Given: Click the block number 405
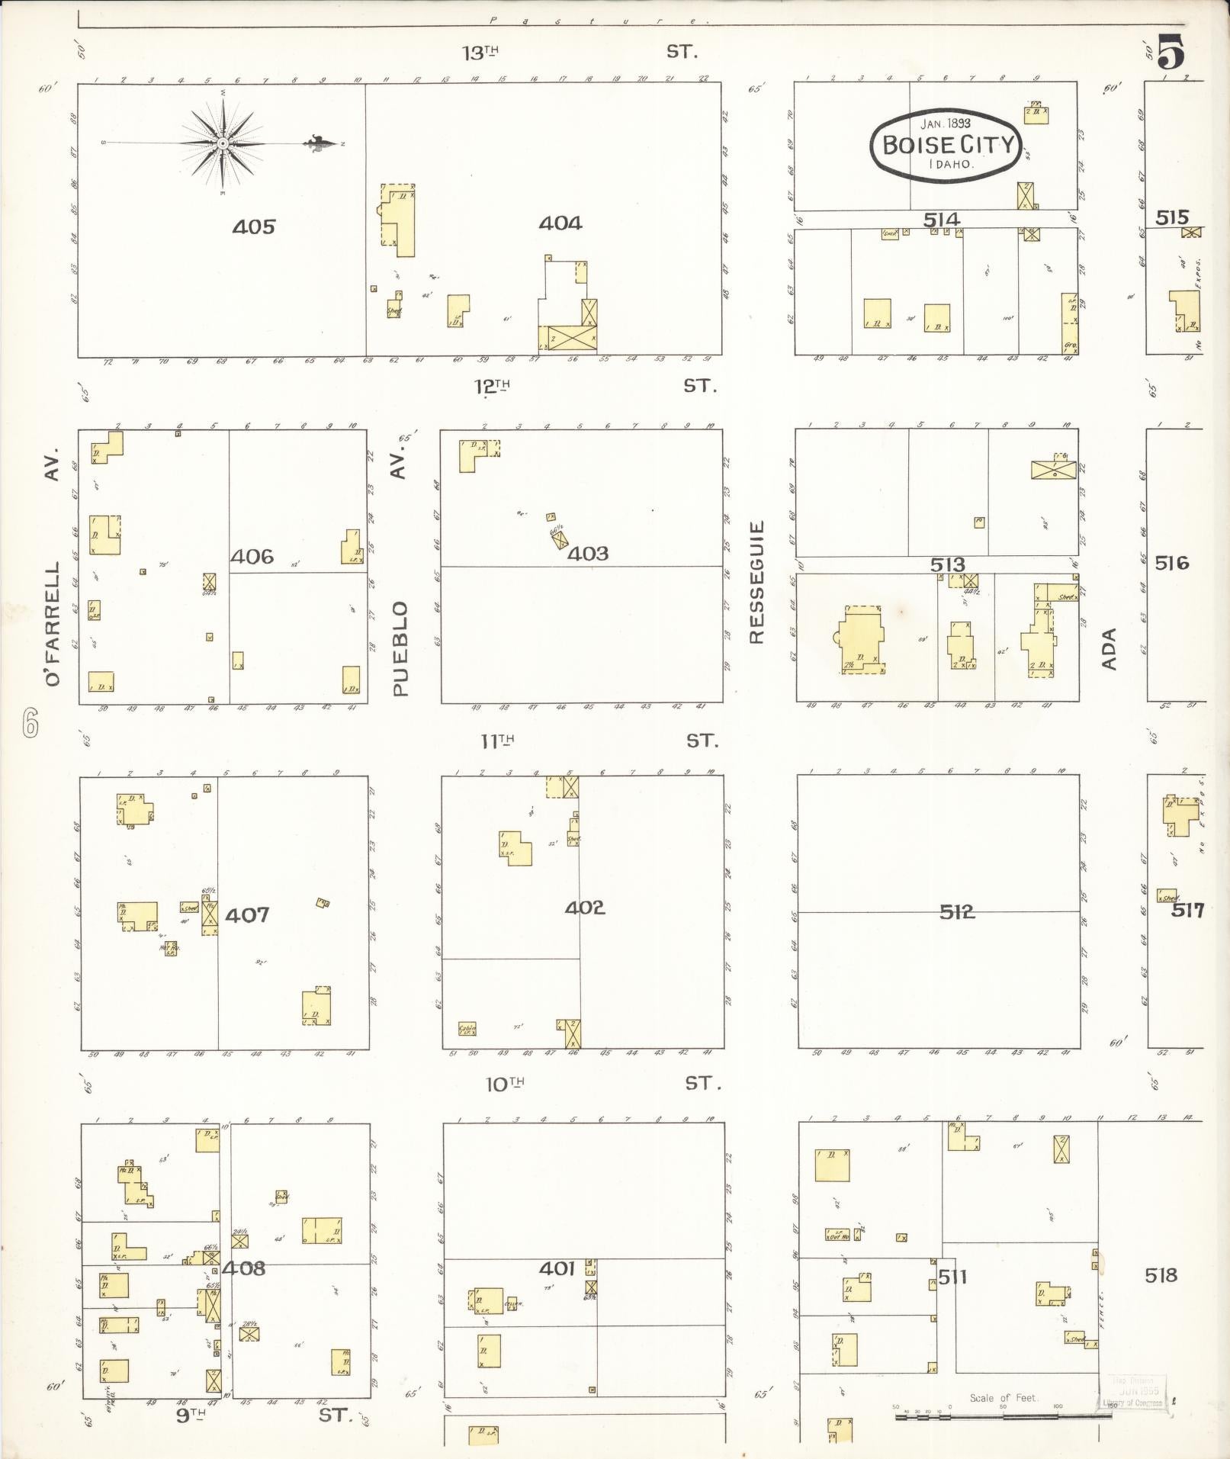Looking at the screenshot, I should pos(254,227).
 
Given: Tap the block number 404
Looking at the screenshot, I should pos(560,223).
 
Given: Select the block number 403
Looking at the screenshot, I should pos(588,553).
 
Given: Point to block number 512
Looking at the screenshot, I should pos(957,911).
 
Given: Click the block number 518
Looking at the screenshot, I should pos(1161,1274).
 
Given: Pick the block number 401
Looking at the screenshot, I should pos(557,1268).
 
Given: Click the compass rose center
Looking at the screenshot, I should pos(222,143).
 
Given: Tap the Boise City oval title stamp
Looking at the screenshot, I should pos(946,145).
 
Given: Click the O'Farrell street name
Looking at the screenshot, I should pos(52,624).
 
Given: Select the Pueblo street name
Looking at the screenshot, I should pos(401,648).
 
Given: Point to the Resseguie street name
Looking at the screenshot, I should pos(756,582).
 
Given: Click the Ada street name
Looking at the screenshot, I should pos(1109,649).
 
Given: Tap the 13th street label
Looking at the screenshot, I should pos(480,53).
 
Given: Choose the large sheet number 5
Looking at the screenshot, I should pos(1171,53).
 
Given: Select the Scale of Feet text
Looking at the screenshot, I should pos(1003,1397).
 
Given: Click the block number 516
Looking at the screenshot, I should pos(1172,563).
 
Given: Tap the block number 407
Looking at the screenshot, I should pos(247,914).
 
